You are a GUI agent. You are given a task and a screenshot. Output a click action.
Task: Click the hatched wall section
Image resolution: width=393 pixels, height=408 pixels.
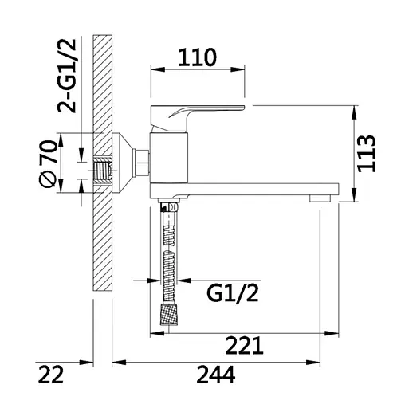(102, 239)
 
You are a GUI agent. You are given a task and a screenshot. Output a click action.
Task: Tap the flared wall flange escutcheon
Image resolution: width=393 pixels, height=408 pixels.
(128, 163)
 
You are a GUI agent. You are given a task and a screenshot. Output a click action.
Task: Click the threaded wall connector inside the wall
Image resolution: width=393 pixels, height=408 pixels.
(101, 169)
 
